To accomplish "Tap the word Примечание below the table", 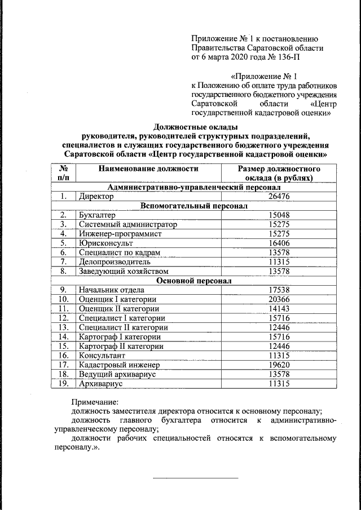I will (95, 402).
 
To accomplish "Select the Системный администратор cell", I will (128, 224).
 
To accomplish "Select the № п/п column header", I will (63, 173).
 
